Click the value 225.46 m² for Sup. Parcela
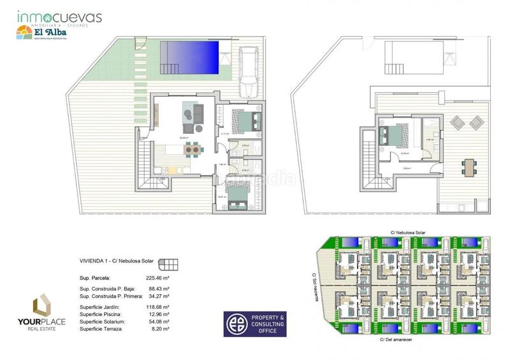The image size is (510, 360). click(x=156, y=278)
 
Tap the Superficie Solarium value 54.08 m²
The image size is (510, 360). click(x=156, y=322)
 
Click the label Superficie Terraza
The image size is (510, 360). click(x=101, y=330)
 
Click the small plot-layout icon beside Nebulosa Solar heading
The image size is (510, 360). click(x=168, y=263)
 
